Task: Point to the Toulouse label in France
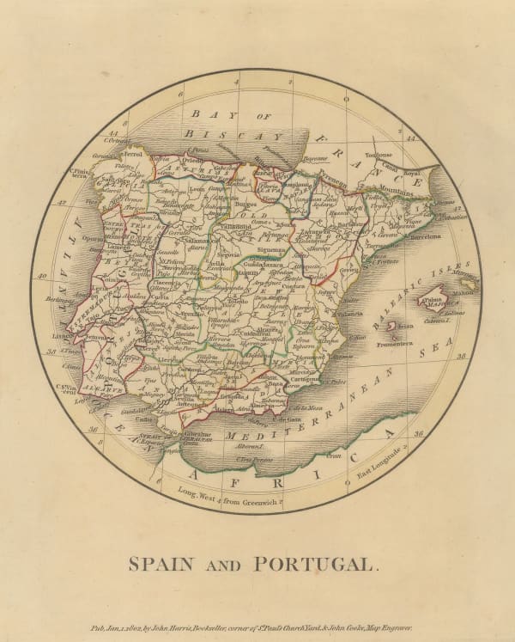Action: [383, 156]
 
